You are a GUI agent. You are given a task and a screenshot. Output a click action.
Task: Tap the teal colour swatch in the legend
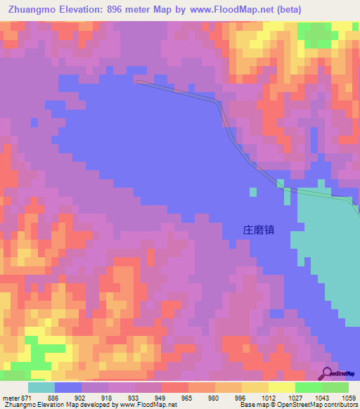coord(41,387)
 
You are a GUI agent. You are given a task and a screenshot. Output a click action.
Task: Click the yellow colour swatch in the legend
coord(281,387)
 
